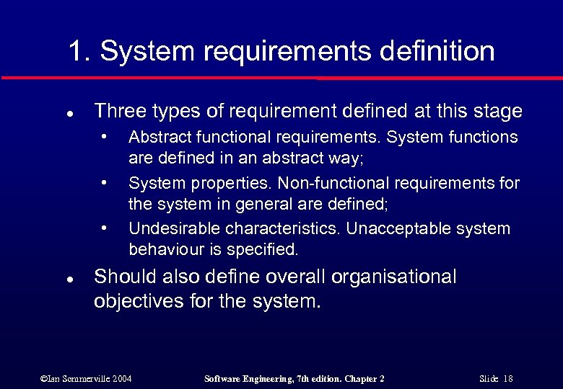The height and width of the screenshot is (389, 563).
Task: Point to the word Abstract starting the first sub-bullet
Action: [x=158, y=137]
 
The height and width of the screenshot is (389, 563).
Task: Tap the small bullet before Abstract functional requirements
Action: [x=105, y=135]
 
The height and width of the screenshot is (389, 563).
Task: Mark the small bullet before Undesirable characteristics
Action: [x=105, y=227]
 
